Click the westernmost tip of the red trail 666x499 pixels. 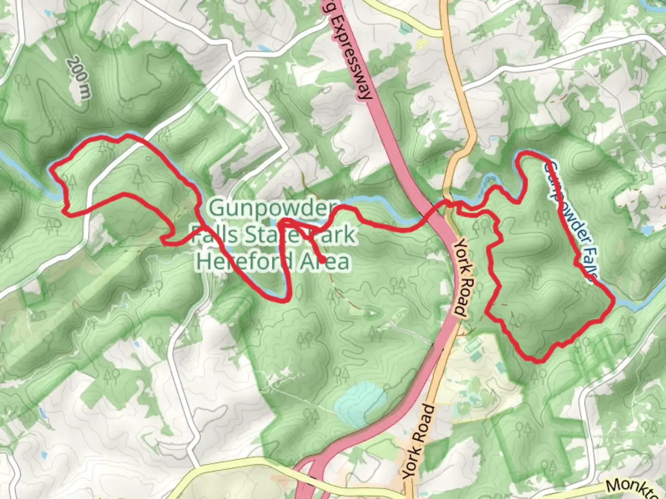(51, 167)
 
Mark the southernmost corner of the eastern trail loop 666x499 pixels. (538, 361)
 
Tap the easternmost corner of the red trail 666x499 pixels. (614, 301)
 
